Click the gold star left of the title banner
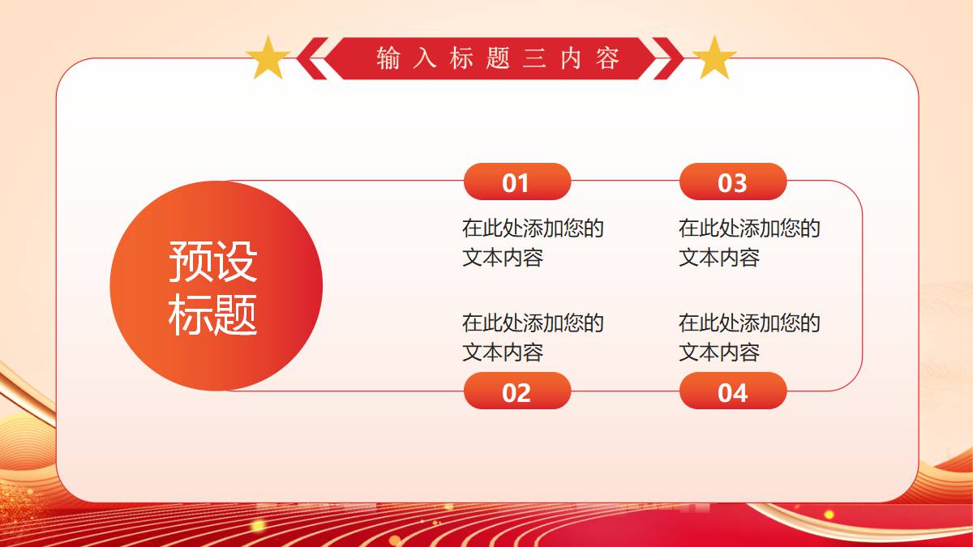click(268, 58)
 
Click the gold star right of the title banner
click(714, 58)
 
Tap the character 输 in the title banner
click(388, 58)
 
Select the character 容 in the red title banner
click(607, 58)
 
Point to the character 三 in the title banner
click(534, 58)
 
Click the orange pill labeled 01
click(517, 182)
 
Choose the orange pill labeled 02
click(517, 391)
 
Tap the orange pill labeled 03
click(733, 182)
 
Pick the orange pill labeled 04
click(733, 391)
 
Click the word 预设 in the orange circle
click(212, 261)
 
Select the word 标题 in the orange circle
click(212, 314)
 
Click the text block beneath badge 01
click(533, 242)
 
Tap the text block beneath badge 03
click(749, 242)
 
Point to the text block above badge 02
click(533, 337)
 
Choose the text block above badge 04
click(749, 337)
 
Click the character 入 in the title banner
click(425, 58)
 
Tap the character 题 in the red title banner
click(498, 58)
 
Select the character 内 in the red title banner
click(571, 58)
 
